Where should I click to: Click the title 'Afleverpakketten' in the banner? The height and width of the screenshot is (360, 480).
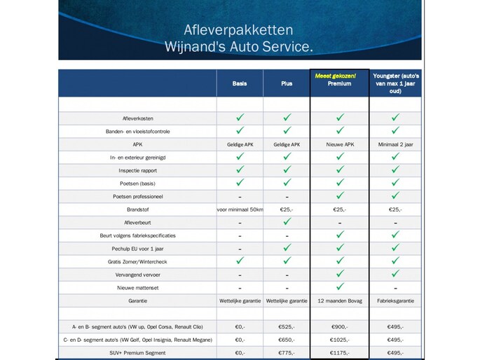(238, 30)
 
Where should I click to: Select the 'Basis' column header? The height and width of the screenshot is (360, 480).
(240, 83)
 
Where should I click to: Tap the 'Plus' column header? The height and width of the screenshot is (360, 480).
(287, 83)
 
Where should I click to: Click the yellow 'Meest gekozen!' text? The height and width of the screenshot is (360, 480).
(340, 76)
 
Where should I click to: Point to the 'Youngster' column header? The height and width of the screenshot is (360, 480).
(395, 83)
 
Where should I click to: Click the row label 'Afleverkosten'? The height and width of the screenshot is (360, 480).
(137, 118)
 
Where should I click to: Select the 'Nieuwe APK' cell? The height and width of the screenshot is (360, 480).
(339, 144)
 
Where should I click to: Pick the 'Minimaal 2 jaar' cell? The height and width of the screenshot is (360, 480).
(395, 144)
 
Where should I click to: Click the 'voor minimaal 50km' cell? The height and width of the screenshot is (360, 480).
(240, 209)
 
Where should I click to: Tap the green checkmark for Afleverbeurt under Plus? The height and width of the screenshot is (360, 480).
(287, 221)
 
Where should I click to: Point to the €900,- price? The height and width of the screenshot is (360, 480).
(339, 326)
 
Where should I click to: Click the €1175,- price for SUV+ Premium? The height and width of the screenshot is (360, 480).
(339, 352)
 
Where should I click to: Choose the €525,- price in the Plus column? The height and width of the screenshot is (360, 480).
(287, 326)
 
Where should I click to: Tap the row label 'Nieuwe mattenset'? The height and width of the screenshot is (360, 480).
(137, 287)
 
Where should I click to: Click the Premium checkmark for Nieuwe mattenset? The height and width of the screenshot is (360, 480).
(339, 286)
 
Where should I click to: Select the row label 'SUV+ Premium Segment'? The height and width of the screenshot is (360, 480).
(137, 352)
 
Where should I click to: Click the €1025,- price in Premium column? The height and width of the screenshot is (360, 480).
(339, 339)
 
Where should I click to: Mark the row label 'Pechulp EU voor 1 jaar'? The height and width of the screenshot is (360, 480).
(137, 248)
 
